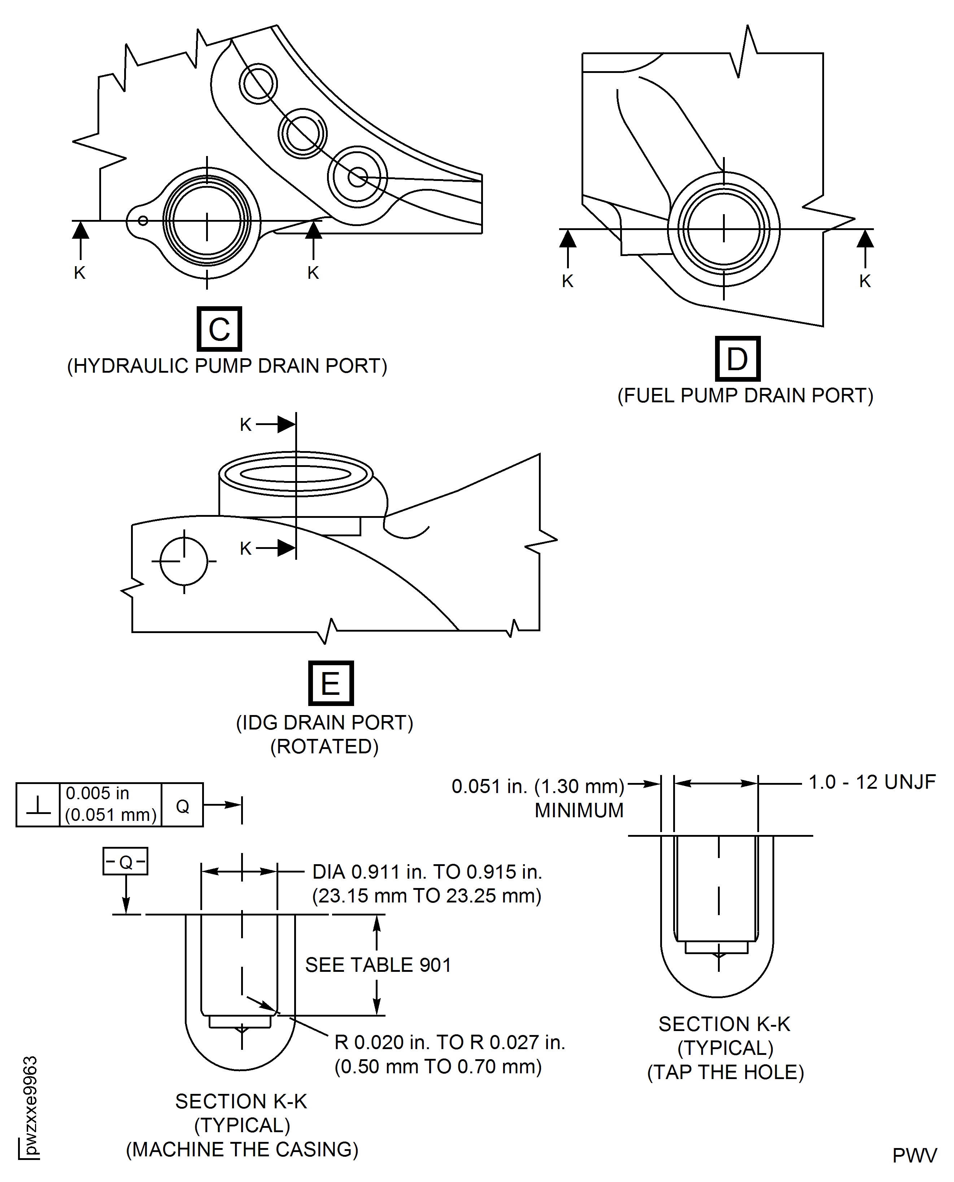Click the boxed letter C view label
pos(219,329)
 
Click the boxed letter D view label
pos(737,359)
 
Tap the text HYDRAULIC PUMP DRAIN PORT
pos(227,366)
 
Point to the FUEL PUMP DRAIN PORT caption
pos(745,396)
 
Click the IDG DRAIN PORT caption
pos(324,722)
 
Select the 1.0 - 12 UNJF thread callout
pos(872,782)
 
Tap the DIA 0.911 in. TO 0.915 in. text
pos(427,872)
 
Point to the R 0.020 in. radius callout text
pos(449,1042)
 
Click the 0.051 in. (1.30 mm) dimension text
pos(537,786)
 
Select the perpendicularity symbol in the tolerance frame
pos(38,805)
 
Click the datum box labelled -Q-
pos(125,861)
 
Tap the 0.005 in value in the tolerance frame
pos(97,793)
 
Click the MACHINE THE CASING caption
pos(242,1149)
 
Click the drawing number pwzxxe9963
pos(30,1105)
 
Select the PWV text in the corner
pos(914,1156)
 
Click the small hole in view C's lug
pos(143,221)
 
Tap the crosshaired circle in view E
pos(184,561)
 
